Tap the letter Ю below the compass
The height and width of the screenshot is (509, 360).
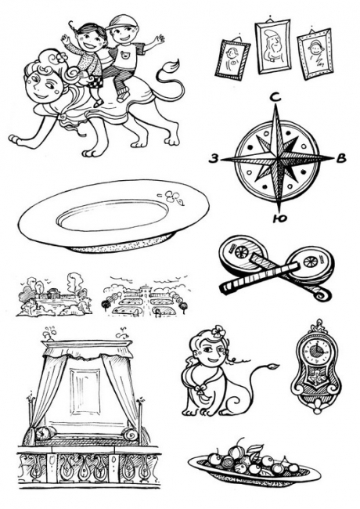pos(280,218)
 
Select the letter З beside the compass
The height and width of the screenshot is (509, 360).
pos(213,159)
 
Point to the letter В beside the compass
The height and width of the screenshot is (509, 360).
pos(341,158)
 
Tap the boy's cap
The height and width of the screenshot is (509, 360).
pos(118,22)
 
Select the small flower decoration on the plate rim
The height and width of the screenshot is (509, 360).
pos(175,197)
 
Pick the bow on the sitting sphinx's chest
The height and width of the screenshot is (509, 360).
pos(200,392)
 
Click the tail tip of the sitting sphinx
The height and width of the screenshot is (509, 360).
pos(272,366)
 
